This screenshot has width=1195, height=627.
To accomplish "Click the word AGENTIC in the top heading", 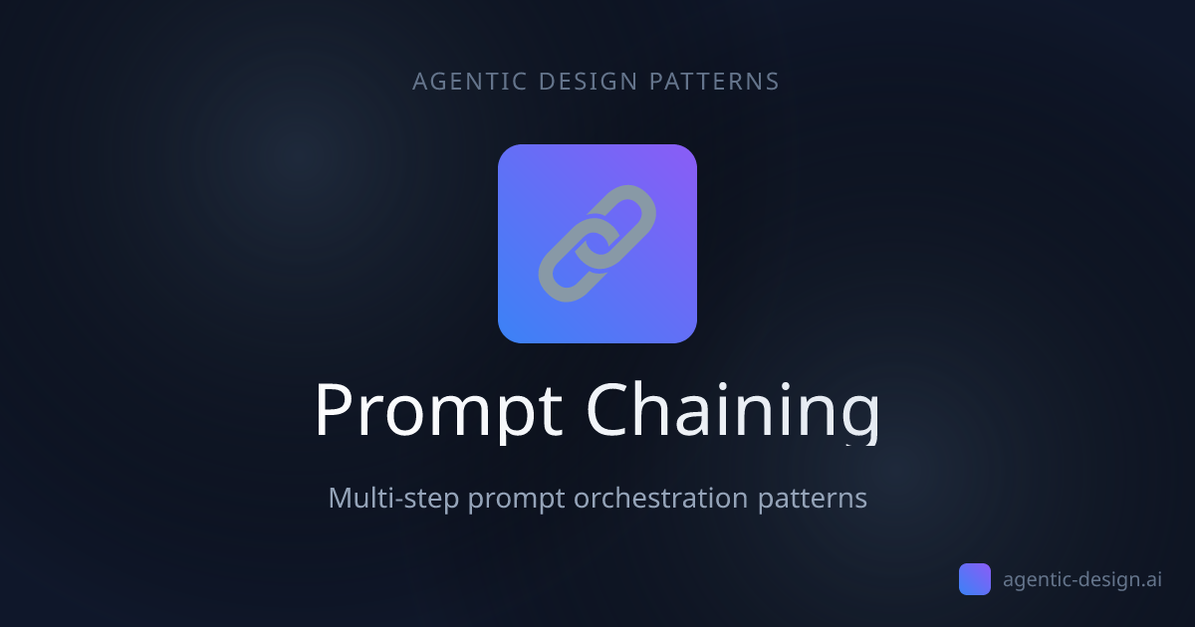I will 470,82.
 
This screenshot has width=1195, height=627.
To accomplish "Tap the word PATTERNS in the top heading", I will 714,82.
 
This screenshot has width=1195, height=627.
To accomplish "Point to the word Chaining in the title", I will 732,410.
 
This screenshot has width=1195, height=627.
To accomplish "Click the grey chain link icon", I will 597,244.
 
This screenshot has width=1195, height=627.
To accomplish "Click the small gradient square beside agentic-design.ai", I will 975,579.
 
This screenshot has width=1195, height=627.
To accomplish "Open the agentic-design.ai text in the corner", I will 1082,579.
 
